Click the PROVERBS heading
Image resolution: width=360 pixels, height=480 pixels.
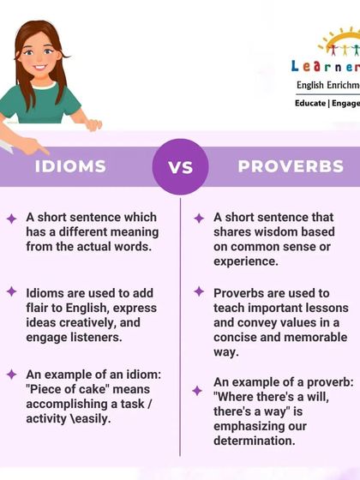tap(291, 166)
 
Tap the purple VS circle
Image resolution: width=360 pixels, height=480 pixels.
tap(180, 166)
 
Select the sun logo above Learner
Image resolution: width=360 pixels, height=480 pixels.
tap(339, 41)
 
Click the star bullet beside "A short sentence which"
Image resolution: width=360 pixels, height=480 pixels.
tap(11, 219)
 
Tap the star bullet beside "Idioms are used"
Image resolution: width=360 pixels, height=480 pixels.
tap(11, 291)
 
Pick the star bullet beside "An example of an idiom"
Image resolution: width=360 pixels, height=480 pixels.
tap(11, 375)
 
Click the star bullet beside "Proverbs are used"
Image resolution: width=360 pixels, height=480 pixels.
tap(199, 291)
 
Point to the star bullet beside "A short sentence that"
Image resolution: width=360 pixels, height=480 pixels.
tap(199, 219)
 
